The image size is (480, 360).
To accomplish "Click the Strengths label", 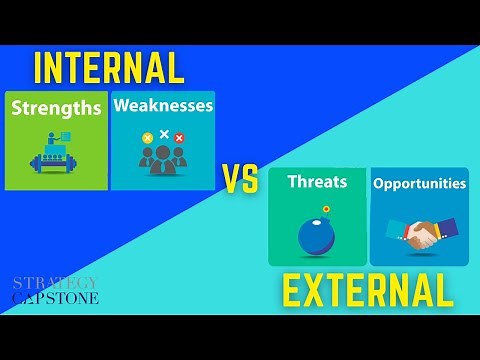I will pos(56,107).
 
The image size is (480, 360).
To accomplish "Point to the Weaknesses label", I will pos(163,104).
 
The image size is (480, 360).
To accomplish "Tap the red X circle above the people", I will pos(180,137).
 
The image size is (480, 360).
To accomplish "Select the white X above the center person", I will pos(164,133).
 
